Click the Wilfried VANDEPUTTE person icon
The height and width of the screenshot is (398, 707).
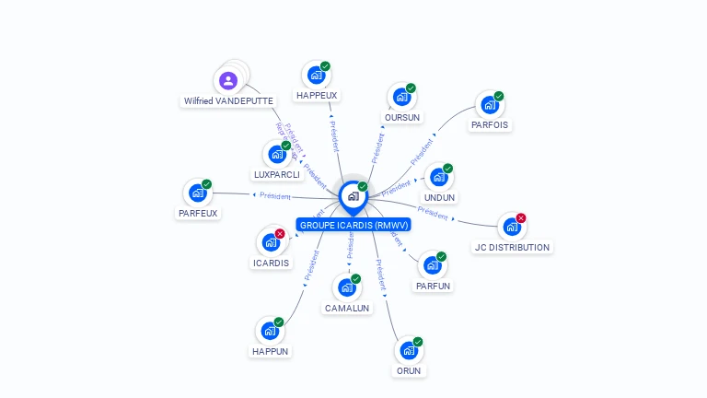point(228,81)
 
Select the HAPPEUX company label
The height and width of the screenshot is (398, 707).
point(317,95)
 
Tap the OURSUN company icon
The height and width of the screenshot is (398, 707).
point(400,97)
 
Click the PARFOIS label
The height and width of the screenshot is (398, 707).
point(490,124)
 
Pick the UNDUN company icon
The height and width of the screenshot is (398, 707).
point(438,177)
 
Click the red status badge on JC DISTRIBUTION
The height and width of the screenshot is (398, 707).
point(521,218)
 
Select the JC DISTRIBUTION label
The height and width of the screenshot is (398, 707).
point(513,247)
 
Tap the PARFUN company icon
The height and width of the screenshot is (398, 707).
point(432,265)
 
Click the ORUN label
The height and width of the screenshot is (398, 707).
point(409,370)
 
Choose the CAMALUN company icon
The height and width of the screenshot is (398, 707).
point(346,287)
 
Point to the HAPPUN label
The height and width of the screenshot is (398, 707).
point(271,351)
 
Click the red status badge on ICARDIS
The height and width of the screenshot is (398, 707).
point(280,233)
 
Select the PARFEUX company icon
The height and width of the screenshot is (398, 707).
point(197,193)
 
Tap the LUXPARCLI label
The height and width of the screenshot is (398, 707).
point(276,174)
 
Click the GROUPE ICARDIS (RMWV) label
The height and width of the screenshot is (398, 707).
point(353,225)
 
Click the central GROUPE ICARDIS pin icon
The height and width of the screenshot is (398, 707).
point(353,196)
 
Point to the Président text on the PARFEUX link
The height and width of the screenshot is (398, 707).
point(275,195)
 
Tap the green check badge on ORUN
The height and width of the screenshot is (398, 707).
point(418,342)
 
